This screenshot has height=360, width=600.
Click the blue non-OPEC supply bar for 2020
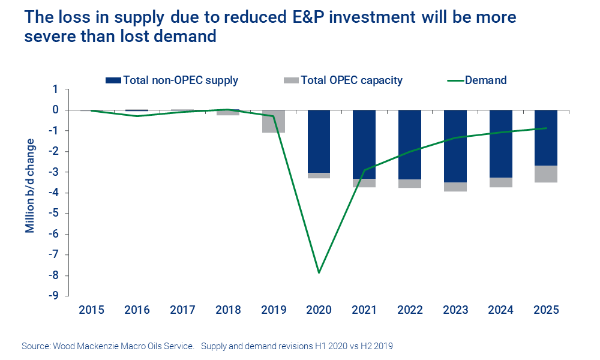(x=319, y=141)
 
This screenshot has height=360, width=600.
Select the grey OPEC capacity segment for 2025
(x=546, y=174)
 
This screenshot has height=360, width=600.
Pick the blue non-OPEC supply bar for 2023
(x=455, y=146)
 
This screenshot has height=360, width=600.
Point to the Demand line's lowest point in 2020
(x=319, y=272)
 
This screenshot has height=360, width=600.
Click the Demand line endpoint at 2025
(x=546, y=128)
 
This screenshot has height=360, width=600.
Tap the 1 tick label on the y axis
(x=55, y=89)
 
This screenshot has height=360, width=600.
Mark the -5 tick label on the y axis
(x=54, y=214)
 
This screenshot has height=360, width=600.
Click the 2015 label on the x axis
(x=91, y=310)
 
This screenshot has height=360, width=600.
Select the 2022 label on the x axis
(x=410, y=310)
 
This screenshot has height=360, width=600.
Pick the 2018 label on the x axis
(x=228, y=310)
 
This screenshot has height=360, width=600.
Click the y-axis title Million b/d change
(x=30, y=186)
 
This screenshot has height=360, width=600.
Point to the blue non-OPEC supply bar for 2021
(x=364, y=144)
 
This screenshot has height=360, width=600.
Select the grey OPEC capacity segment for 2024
(x=500, y=182)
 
